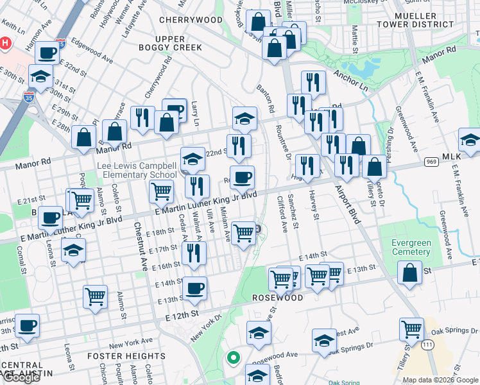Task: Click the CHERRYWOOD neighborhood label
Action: [x=191, y=20]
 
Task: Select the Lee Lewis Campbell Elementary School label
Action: [x=137, y=170]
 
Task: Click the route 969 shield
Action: [x=433, y=162]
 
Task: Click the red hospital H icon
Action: [x=5, y=44]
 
